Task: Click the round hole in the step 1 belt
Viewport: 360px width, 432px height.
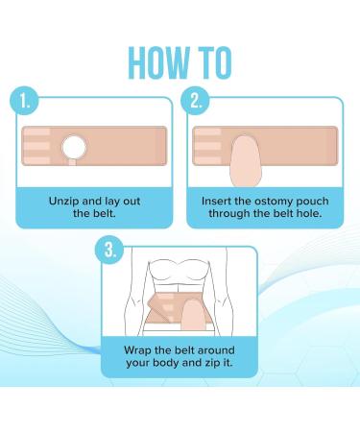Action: point(74,147)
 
